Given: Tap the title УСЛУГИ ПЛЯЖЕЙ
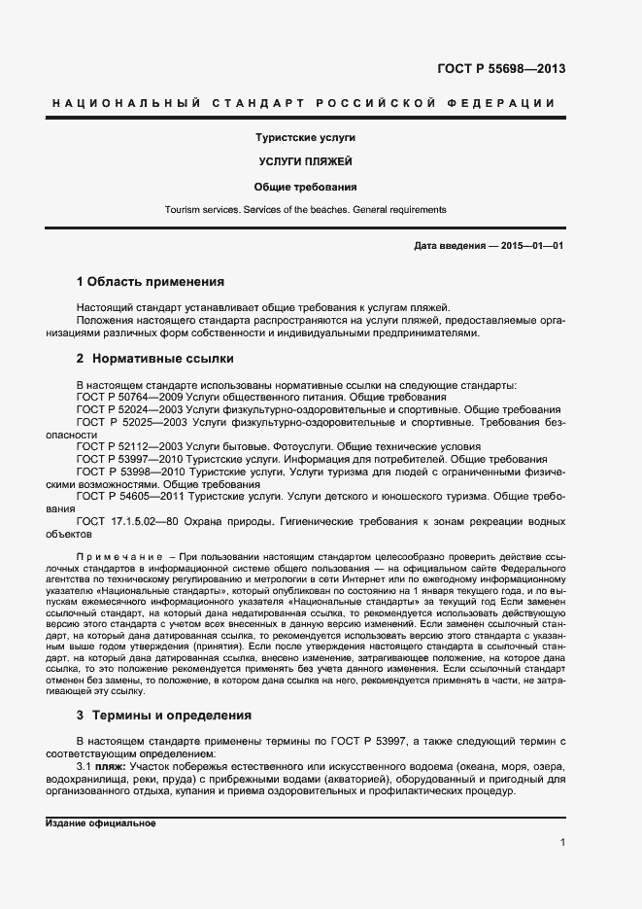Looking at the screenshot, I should click(x=305, y=161).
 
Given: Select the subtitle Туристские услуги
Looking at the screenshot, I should click(x=305, y=138).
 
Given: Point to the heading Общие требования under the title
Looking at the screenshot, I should click(x=305, y=186).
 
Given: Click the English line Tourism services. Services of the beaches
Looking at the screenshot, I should click(x=305, y=209).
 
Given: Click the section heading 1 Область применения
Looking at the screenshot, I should click(x=151, y=282).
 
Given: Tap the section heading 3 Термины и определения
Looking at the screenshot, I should click(x=164, y=715).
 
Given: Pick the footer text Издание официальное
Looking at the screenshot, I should click(x=101, y=823).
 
